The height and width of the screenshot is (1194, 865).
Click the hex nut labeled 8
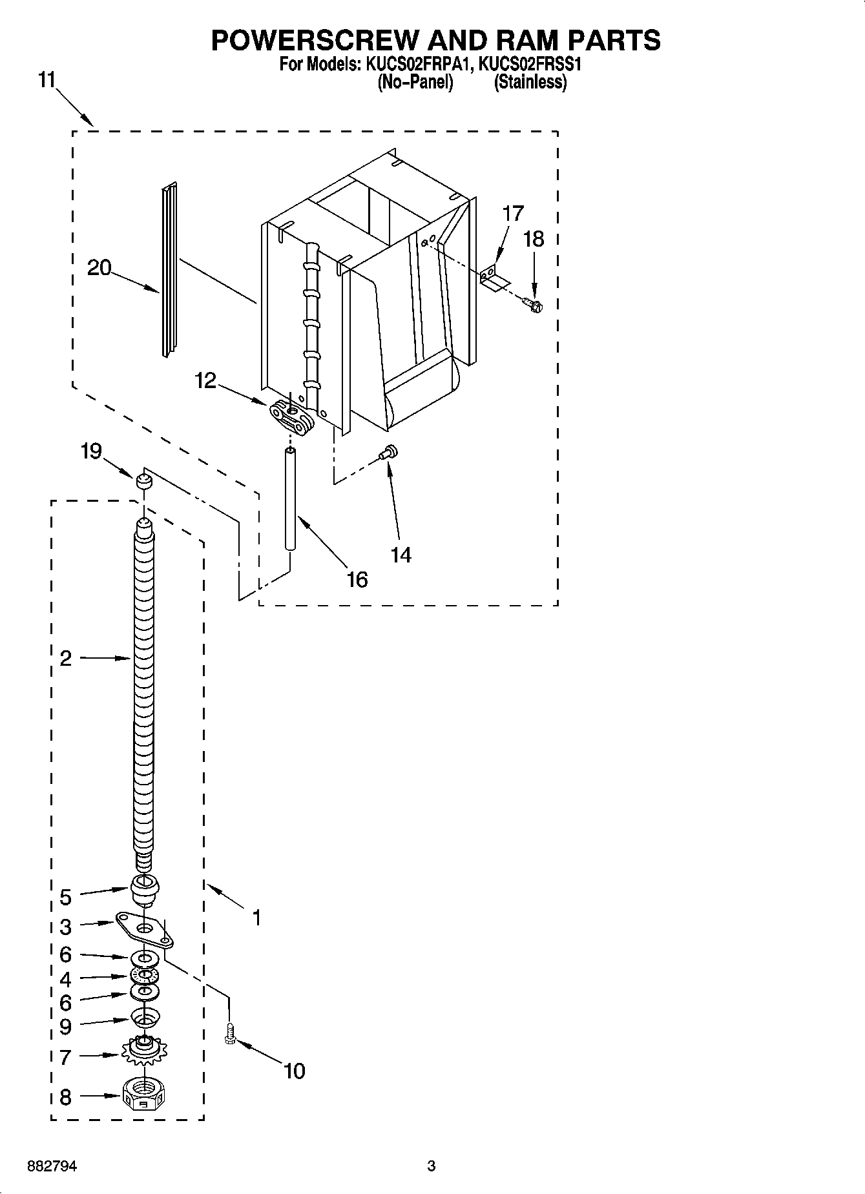[143, 1095]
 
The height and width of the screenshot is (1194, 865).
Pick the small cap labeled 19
[143, 480]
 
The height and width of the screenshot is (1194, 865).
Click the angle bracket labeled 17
[494, 278]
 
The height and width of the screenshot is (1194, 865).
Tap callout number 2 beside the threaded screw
[65, 658]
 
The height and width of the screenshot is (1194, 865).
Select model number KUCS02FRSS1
[532, 65]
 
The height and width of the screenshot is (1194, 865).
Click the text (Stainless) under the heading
[530, 83]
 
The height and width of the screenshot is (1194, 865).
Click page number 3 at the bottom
[432, 1166]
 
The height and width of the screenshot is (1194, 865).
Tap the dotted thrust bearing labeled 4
[143, 975]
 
